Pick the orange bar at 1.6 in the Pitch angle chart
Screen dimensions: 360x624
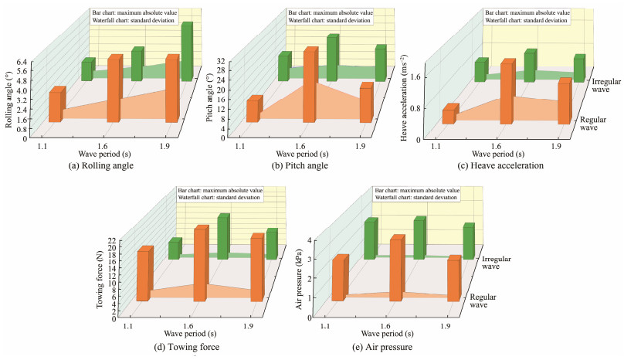309,86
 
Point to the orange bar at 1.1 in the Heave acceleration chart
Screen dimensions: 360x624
448,116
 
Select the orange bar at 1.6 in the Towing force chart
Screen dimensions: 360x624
201,263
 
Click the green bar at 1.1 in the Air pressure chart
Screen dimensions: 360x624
371,239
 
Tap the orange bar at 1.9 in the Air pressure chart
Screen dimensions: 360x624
453,279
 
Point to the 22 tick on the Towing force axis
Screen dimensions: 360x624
111,241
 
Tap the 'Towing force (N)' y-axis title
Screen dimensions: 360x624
100,279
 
